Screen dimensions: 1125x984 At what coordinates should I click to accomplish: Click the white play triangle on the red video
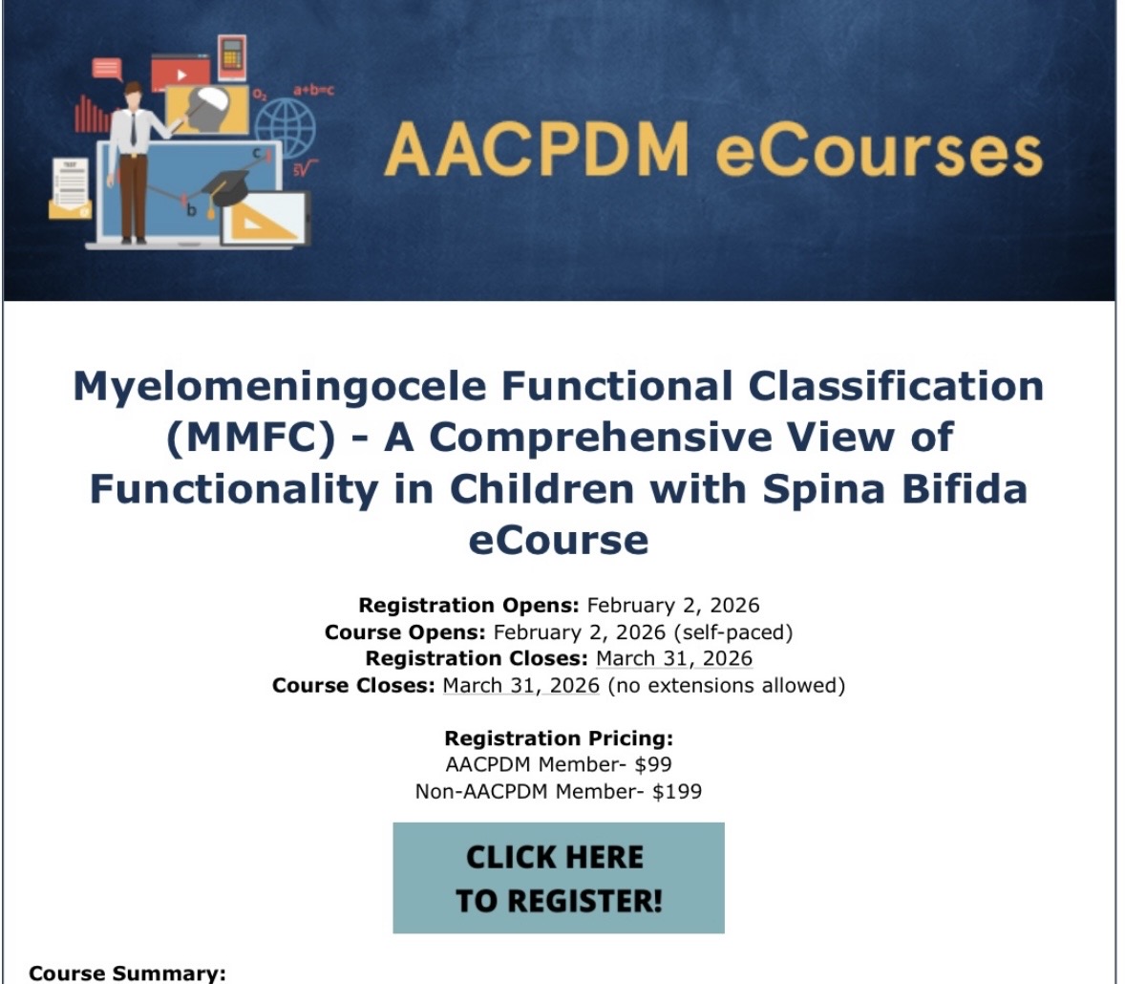pyautogui.click(x=182, y=75)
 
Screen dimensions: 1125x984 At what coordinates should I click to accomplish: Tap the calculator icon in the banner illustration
pyautogui.click(x=232, y=56)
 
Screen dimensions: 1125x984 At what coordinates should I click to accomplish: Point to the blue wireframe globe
pyautogui.click(x=286, y=128)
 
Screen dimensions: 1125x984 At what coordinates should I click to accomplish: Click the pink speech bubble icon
pyautogui.click(x=107, y=69)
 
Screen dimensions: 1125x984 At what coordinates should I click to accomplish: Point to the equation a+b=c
pyautogui.click(x=313, y=91)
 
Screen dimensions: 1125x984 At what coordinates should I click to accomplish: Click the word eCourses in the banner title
pyautogui.click(x=879, y=151)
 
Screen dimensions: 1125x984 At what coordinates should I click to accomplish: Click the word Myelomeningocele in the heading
pyautogui.click(x=281, y=386)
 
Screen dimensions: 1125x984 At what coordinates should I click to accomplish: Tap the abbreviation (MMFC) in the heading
pyautogui.click(x=251, y=438)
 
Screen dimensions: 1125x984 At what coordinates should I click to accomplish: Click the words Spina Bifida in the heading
pyautogui.click(x=895, y=489)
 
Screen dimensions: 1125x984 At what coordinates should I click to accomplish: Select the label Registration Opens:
pyautogui.click(x=469, y=605)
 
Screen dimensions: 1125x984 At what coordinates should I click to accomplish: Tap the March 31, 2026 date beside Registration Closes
pyautogui.click(x=674, y=659)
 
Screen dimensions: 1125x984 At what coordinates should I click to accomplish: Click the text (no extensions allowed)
pyautogui.click(x=726, y=685)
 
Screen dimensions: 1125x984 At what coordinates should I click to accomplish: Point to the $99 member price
pyautogui.click(x=653, y=764)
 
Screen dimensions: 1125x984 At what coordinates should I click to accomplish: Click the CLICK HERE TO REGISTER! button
pyautogui.click(x=559, y=878)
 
